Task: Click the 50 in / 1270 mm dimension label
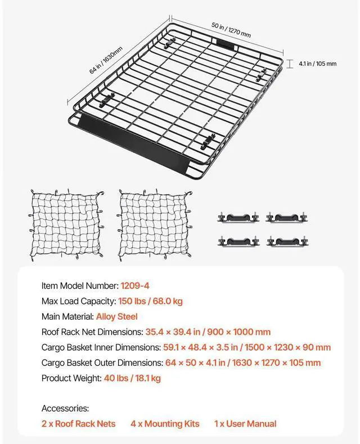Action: (231, 30)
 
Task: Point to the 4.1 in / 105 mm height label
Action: (317, 64)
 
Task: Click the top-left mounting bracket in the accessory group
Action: (237, 217)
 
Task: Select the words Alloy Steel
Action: (116, 317)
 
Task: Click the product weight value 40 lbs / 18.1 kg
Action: (132, 378)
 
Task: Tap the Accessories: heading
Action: (65, 409)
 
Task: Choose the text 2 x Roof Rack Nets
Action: (78, 424)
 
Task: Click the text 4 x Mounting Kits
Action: (165, 424)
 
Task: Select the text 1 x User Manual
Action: (245, 424)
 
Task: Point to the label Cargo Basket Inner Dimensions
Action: (102, 347)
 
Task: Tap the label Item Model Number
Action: (79, 286)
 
